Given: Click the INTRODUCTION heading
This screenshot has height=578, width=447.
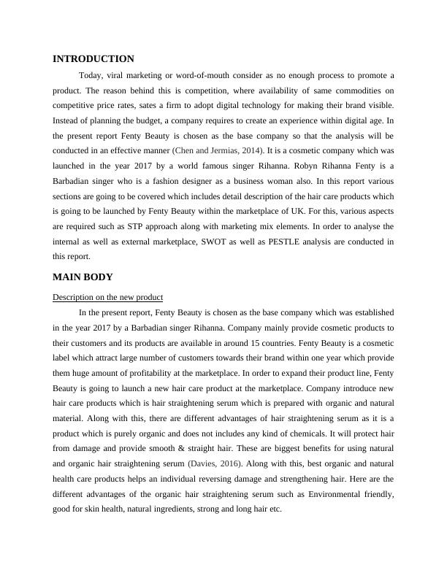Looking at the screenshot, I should click(x=93, y=58).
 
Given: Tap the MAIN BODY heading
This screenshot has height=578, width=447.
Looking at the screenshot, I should click(x=82, y=277).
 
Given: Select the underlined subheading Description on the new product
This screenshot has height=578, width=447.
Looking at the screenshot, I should click(x=107, y=297).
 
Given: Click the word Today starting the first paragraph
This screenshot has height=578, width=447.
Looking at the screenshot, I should click(x=91, y=75).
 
